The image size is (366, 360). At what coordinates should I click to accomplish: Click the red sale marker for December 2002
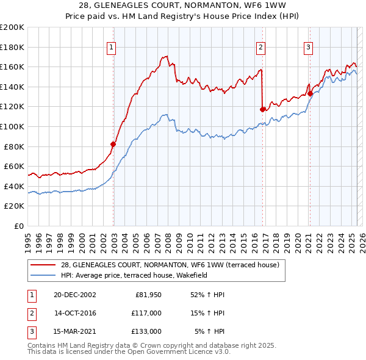(113, 144)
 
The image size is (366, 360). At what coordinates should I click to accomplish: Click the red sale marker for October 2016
(263, 109)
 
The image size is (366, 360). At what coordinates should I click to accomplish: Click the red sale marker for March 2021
(310, 93)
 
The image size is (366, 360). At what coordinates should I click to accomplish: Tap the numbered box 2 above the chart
(261, 48)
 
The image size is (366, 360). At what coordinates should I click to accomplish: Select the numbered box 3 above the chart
(309, 48)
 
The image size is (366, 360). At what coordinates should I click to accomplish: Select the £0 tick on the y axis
(20, 226)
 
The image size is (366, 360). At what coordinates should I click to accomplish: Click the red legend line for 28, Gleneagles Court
(43, 265)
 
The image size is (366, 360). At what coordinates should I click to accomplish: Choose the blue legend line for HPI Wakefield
(43, 275)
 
